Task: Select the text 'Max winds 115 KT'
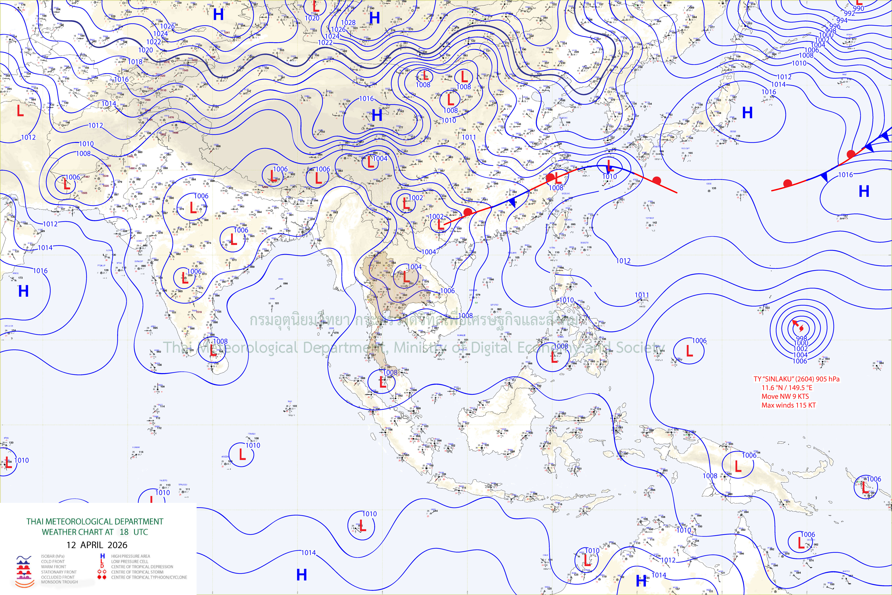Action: (788, 405)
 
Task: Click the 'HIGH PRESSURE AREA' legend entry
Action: (131, 556)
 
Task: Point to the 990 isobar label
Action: (858, 8)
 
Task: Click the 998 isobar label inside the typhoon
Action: (801, 338)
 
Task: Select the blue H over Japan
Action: (747, 113)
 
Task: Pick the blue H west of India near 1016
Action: (23, 291)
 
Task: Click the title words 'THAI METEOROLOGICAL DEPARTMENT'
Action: (95, 521)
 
